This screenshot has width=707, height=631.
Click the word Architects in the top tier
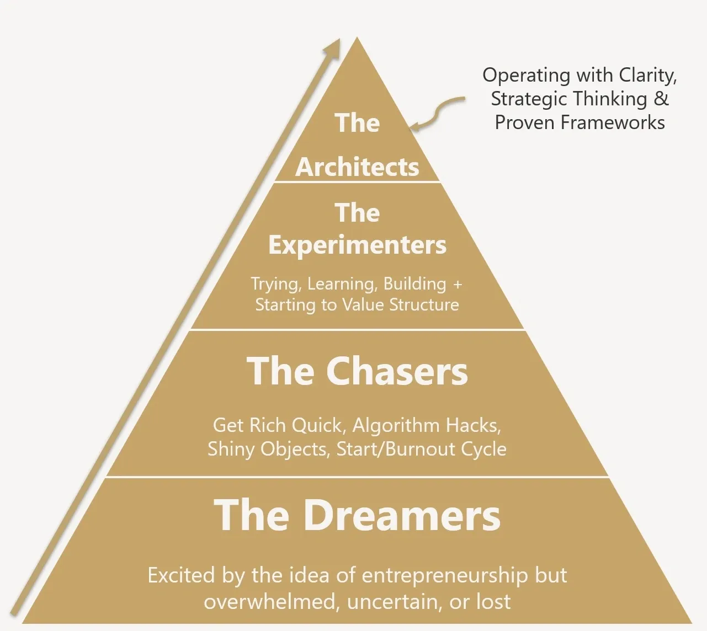pyautogui.click(x=357, y=167)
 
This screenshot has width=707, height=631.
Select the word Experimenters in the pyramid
pyautogui.click(x=357, y=245)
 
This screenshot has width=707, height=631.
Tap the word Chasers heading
pyautogui.click(x=397, y=371)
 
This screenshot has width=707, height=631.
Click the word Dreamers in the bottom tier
pyautogui.click(x=402, y=515)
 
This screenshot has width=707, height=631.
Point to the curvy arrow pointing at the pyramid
pyautogui.click(x=439, y=113)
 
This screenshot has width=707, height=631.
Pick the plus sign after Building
pyautogui.click(x=457, y=284)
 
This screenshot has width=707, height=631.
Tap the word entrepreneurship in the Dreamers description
pyautogui.click(x=444, y=575)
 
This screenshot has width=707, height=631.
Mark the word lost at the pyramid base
pyautogui.click(x=493, y=601)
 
